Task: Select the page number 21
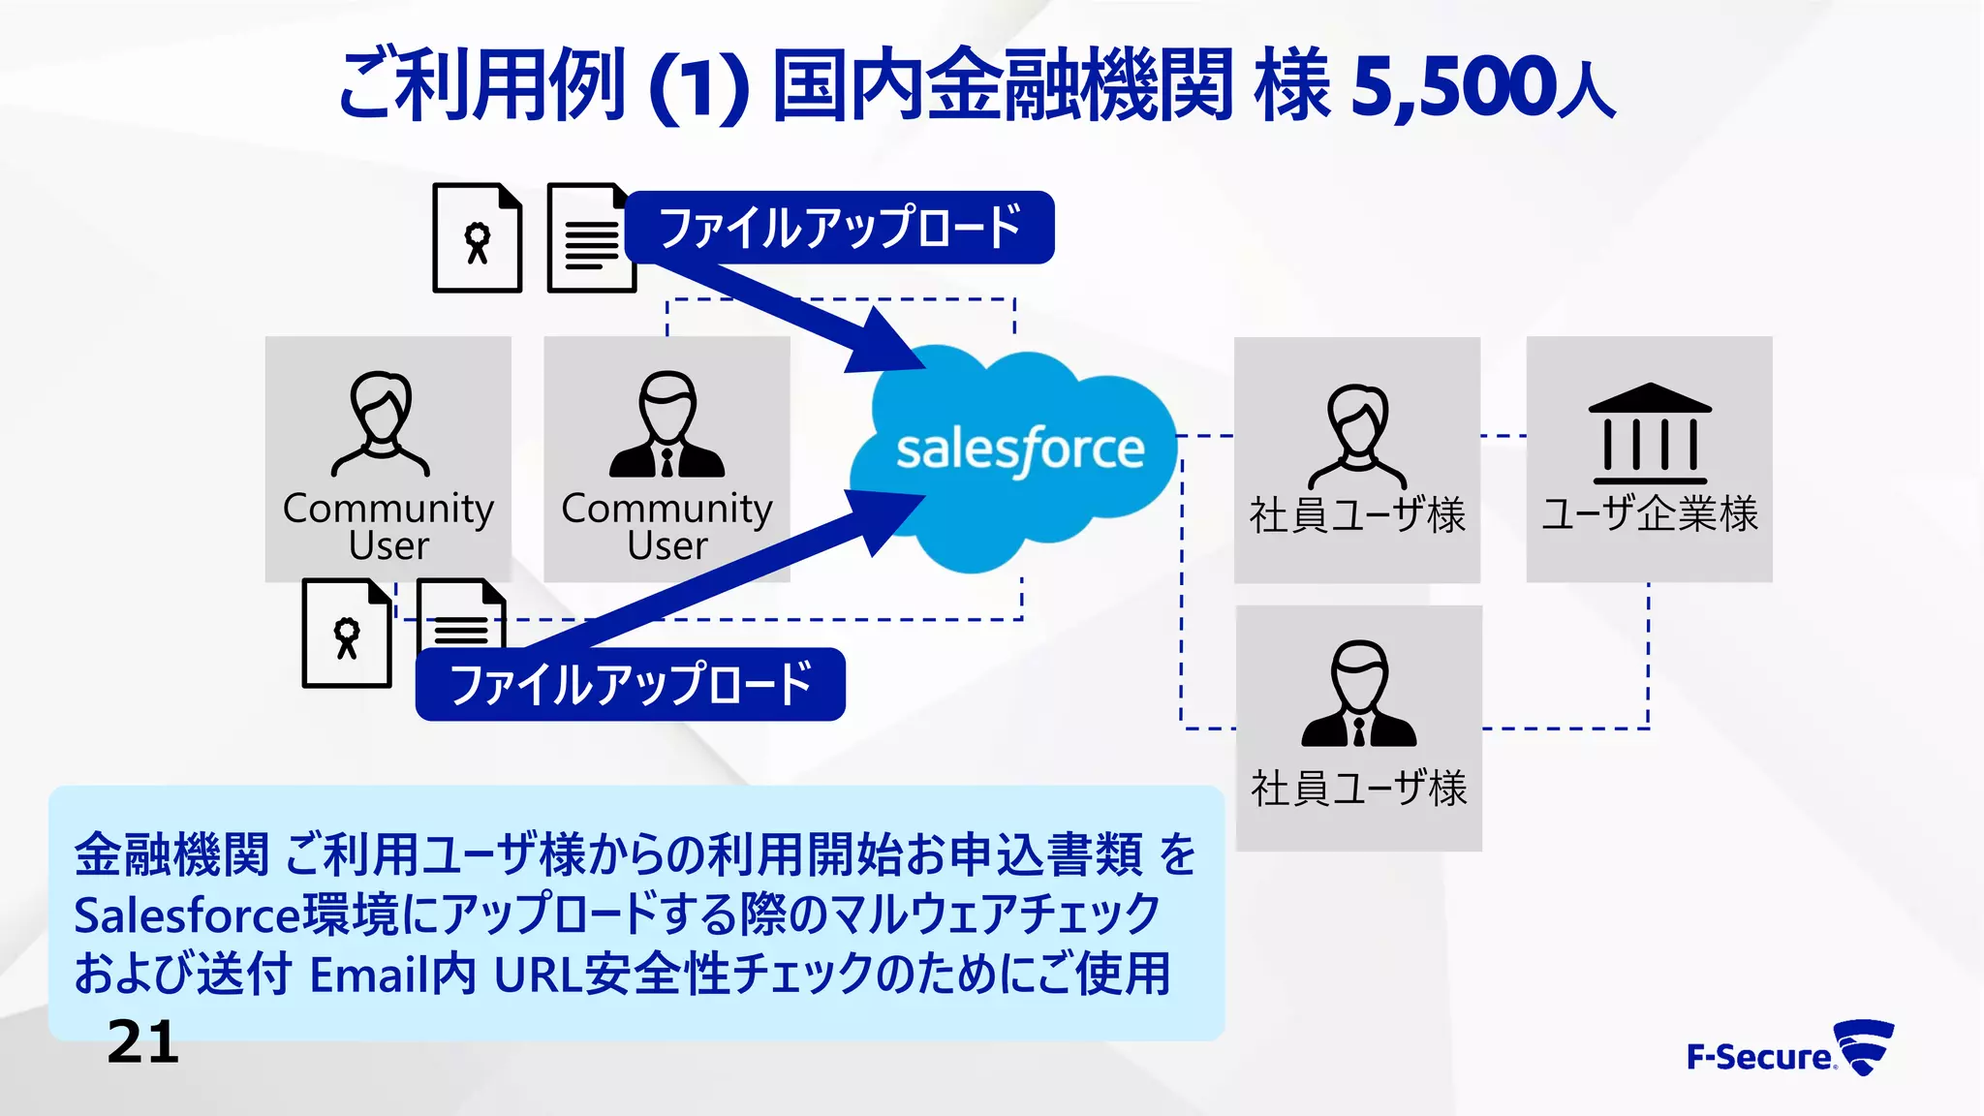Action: pyautogui.click(x=143, y=1042)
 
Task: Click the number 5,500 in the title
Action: pyautogui.click(x=1453, y=87)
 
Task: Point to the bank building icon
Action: pyautogui.click(x=1650, y=433)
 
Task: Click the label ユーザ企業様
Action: pyautogui.click(x=1650, y=513)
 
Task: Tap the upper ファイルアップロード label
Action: pyautogui.click(x=839, y=228)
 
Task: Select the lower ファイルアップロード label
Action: pyautogui.click(x=630, y=684)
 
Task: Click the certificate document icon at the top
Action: pyautogui.click(x=477, y=238)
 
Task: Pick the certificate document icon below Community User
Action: pyautogui.click(x=347, y=634)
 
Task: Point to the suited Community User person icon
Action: pyautogui.click(x=666, y=425)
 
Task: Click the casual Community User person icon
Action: pyautogui.click(x=382, y=425)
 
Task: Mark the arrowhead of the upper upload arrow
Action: pyautogui.click(x=886, y=345)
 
